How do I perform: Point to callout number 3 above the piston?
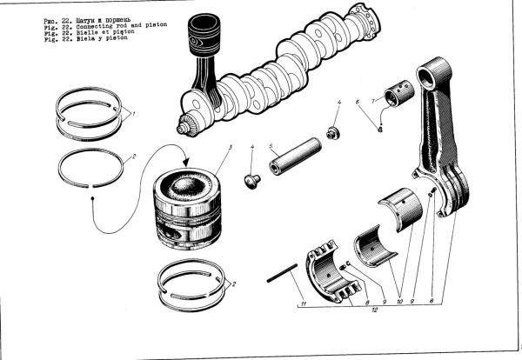(x=229, y=147)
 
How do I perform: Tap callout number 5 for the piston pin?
(x=271, y=145)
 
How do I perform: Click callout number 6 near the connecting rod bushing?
(x=357, y=103)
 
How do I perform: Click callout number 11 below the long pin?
(x=303, y=303)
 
